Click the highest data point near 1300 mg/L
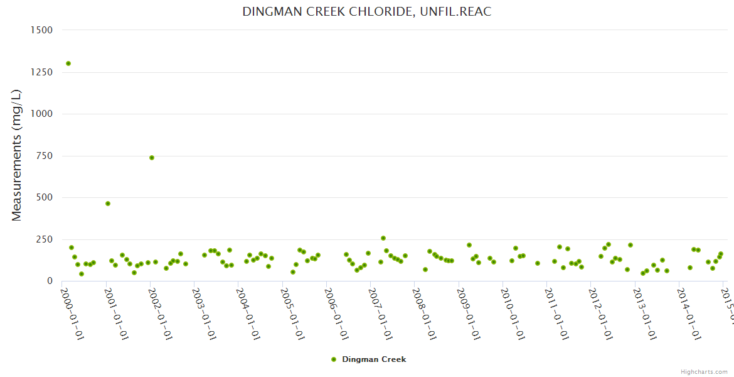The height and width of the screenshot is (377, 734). coord(68,63)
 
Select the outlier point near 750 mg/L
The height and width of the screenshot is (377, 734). coord(152,158)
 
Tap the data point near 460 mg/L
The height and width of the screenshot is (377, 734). coord(108,204)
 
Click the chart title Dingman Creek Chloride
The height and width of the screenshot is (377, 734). coord(367,12)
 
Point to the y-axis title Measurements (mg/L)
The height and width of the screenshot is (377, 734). coord(17,155)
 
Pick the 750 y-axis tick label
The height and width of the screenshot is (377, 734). coord(43,156)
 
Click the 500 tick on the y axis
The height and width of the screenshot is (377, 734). coord(43,197)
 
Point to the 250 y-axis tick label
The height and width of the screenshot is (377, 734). coord(43,239)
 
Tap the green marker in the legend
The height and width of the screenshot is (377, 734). coord(334,359)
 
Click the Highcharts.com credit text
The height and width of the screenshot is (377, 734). coord(704,371)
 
